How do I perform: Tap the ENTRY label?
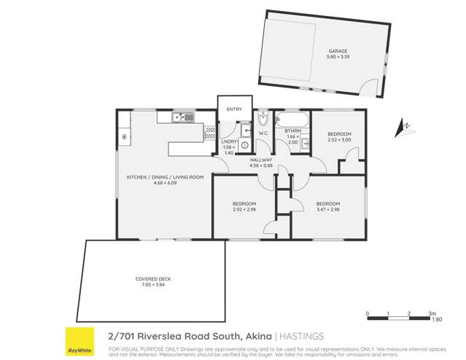(234, 109)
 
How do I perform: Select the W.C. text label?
(265, 133)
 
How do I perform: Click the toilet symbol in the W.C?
(264, 119)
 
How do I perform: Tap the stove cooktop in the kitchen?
(125, 137)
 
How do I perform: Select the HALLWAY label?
(261, 160)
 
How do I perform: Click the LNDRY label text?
(228, 142)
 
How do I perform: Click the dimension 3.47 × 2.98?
(328, 209)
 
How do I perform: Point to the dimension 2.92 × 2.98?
(244, 209)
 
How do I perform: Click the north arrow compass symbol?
(403, 128)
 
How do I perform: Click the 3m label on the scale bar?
(432, 313)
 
